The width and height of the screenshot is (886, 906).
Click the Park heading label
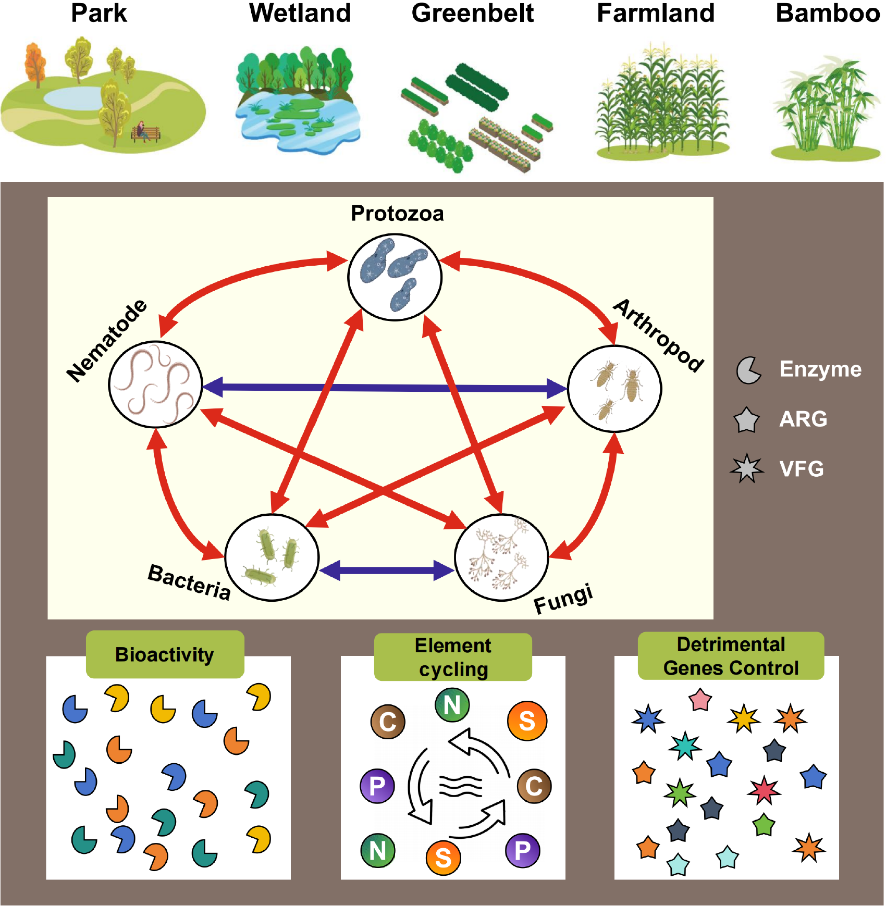(x=99, y=13)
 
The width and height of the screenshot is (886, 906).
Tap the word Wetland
(x=300, y=13)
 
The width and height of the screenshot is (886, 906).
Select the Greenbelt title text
(x=473, y=13)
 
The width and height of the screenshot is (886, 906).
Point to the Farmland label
(x=656, y=13)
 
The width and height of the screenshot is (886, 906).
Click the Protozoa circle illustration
(x=395, y=277)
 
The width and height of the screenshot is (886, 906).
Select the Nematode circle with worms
(x=155, y=384)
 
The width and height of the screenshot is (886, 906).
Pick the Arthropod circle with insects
(x=614, y=389)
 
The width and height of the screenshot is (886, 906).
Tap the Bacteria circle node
(x=272, y=557)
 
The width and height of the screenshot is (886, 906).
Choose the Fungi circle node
(x=501, y=557)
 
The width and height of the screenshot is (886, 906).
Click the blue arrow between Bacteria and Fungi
(x=386, y=570)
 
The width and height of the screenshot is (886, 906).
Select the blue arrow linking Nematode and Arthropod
(x=385, y=388)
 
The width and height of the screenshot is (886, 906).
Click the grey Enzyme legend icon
(x=748, y=370)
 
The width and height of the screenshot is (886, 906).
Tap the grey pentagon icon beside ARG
(x=746, y=420)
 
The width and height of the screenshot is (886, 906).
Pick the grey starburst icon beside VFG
(x=747, y=468)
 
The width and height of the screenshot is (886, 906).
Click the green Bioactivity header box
(x=165, y=654)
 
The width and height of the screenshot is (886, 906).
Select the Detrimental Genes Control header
(x=731, y=656)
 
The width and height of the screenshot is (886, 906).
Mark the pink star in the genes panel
(x=700, y=700)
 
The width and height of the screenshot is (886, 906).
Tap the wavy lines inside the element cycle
(x=461, y=786)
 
